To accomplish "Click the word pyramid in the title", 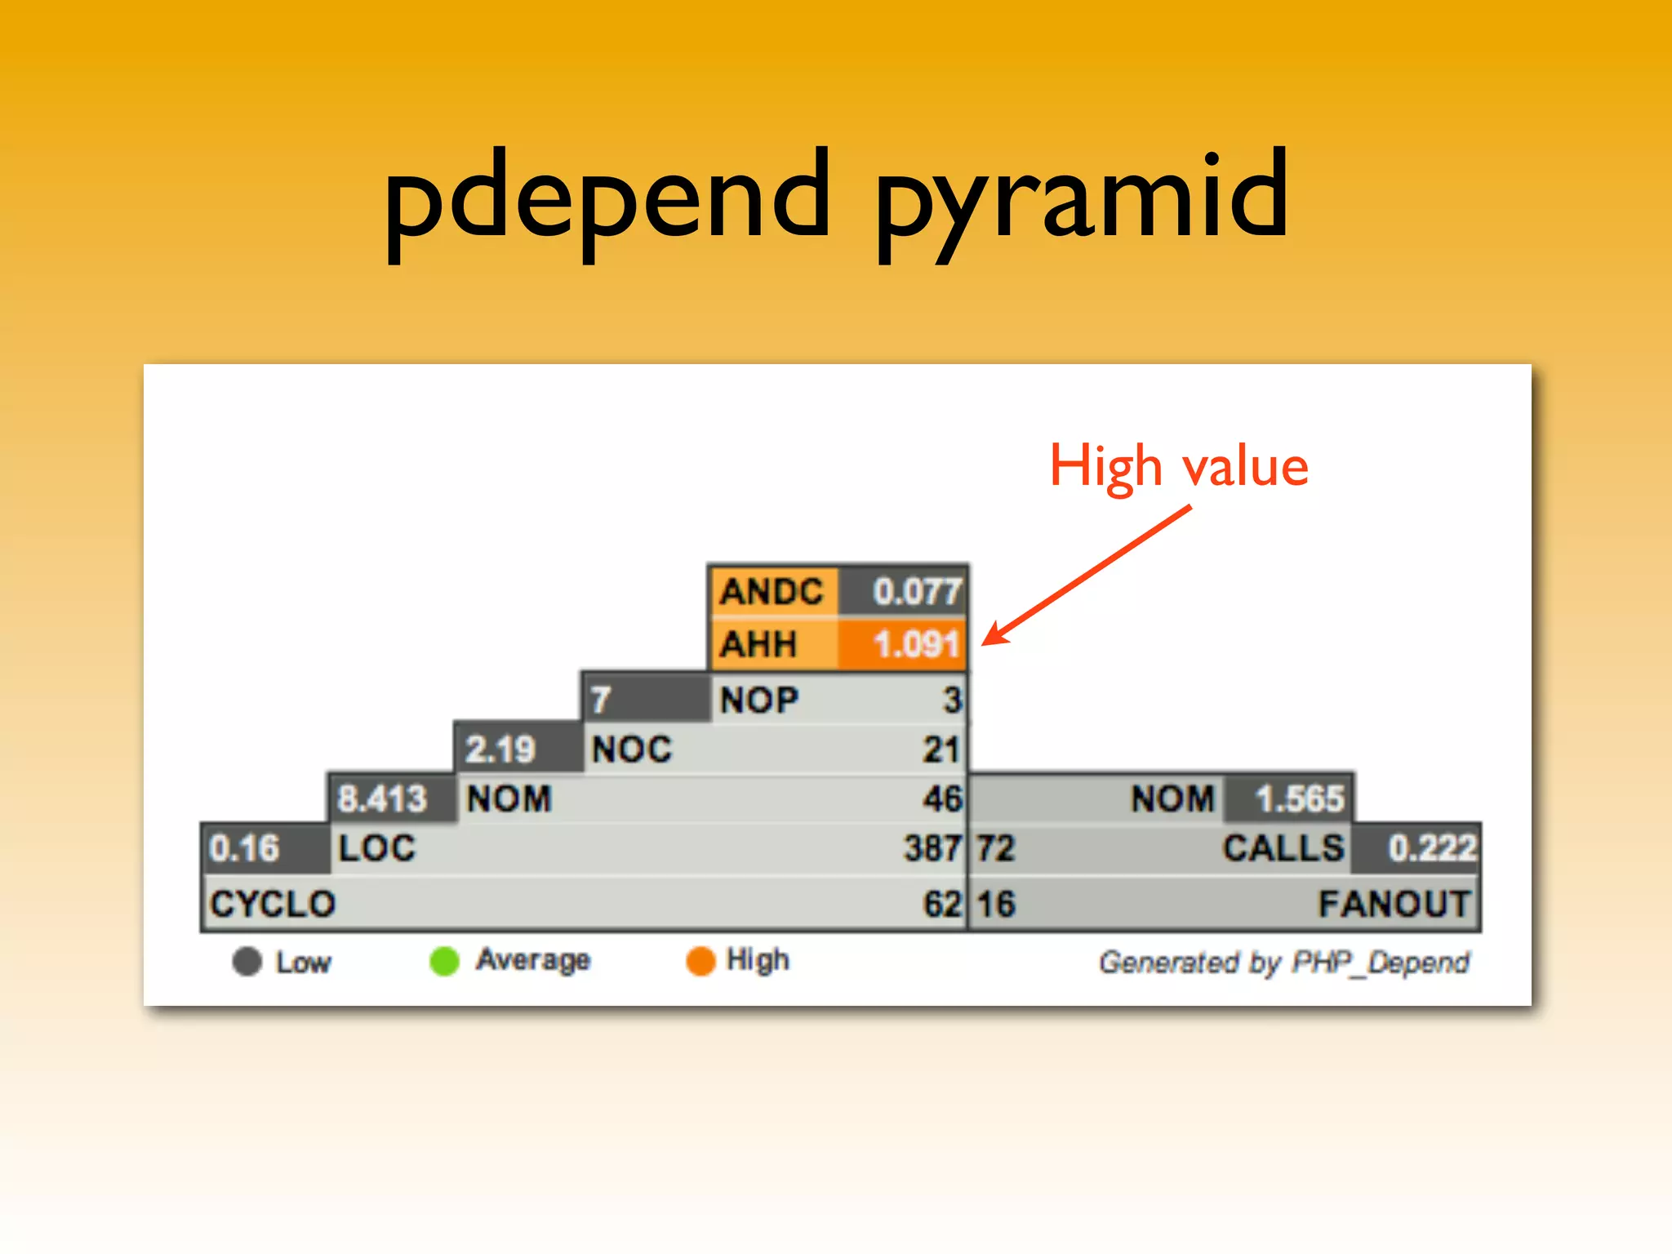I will [x=1082, y=200].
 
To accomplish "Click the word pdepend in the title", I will [x=608, y=200].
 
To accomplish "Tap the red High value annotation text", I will [x=1179, y=466].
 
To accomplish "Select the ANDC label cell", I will [x=772, y=592].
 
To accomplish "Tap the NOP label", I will [x=759, y=700].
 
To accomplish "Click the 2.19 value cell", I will [x=500, y=749].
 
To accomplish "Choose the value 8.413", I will [x=382, y=798].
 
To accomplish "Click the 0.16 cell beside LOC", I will [x=244, y=848].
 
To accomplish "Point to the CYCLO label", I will [x=273, y=904].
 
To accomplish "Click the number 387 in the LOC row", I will [x=932, y=848].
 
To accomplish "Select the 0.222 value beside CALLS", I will [x=1432, y=848].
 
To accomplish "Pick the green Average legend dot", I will [x=445, y=961].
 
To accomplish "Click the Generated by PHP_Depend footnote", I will [x=1283, y=963].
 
